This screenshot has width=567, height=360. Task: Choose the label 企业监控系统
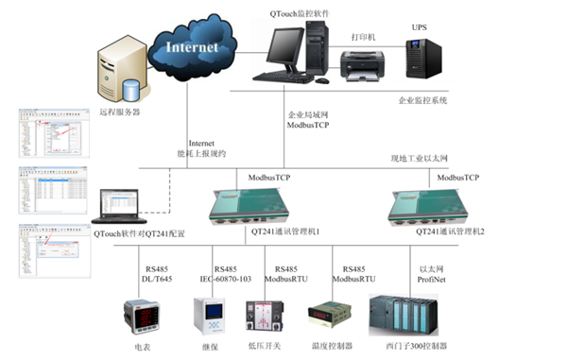(422, 98)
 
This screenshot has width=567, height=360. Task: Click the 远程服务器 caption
(119, 111)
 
